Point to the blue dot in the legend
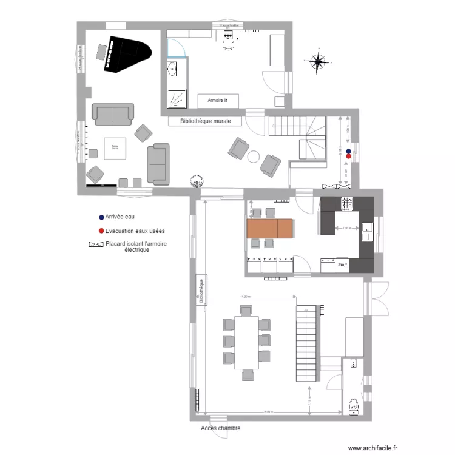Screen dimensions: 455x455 pos(101,217)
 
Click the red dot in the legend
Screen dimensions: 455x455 pos(101,231)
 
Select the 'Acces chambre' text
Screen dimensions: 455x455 pos(220,428)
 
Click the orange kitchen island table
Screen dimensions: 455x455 pos(270,229)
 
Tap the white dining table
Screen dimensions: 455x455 pos(246,342)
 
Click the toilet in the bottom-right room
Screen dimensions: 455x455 pos(354,405)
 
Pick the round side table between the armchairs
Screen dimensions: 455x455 pos(253,157)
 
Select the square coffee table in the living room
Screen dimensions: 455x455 pos(115,148)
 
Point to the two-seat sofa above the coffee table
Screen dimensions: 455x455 pos(112,114)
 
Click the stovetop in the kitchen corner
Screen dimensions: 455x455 pos(346,203)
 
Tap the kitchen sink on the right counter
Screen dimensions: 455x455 pos(368,228)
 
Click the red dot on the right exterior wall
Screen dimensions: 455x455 pos(349,155)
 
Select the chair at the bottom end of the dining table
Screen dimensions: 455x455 pos(248,375)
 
